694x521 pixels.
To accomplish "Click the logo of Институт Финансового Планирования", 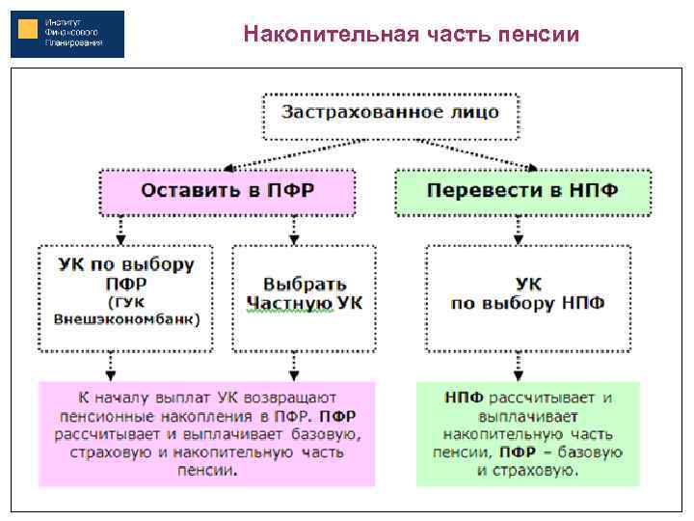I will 67,34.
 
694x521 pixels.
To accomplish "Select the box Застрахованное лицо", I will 390,114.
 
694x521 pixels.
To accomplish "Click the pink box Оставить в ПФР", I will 227,191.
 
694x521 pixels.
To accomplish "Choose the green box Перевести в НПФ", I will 522,191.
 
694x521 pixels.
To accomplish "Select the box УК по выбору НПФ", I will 528,294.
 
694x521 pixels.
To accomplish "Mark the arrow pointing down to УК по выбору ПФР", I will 120,230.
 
